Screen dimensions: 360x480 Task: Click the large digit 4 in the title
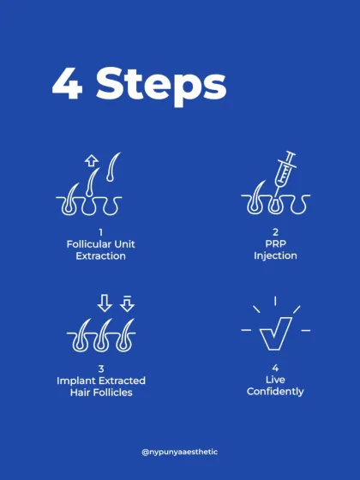[68, 83]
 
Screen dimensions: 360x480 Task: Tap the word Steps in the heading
[161, 87]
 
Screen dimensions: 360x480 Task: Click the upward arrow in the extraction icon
[91, 160]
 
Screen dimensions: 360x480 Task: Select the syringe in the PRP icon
[285, 171]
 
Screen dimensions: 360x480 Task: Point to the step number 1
[101, 232]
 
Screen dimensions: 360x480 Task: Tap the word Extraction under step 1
[101, 256]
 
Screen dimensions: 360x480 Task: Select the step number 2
[275, 232]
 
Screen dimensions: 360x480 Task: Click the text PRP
[275, 244]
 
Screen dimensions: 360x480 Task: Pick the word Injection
[275, 256]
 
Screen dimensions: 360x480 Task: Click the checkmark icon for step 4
[275, 333]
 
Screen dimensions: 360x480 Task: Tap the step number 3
[101, 369]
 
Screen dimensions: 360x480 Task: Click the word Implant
[76, 381]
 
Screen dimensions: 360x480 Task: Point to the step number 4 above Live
[275, 368]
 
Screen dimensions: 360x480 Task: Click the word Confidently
[275, 392]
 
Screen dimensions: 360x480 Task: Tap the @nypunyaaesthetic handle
[180, 452]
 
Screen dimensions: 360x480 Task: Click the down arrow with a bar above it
[128, 303]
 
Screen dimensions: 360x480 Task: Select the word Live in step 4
[275, 380]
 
